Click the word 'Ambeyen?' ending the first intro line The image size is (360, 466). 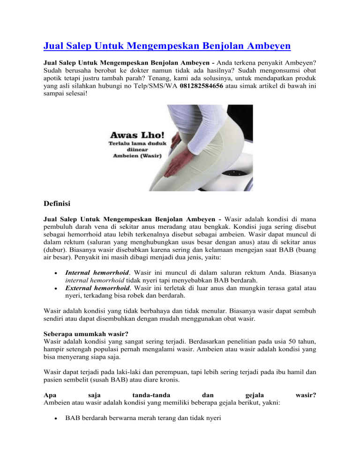[x=299, y=62]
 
